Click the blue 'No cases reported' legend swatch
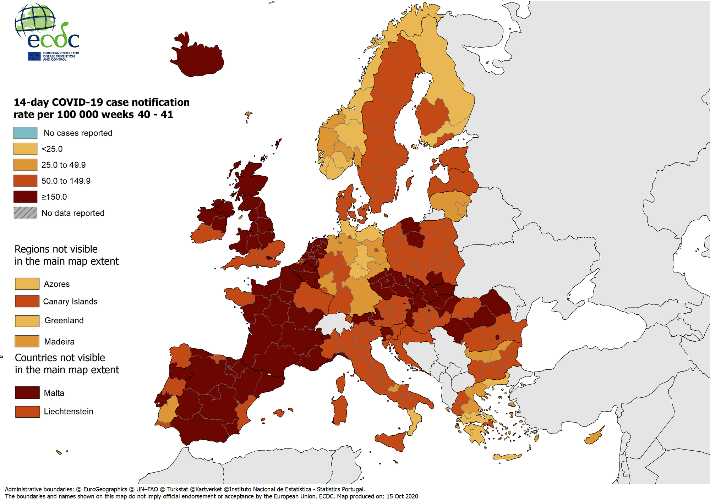[x=25, y=133]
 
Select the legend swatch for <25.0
[x=25, y=149]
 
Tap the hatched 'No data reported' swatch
[x=25, y=213]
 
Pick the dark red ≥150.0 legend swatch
[x=25, y=197]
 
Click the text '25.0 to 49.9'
[x=64, y=165]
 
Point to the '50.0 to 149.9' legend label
[x=66, y=181]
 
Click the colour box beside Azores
[x=27, y=284]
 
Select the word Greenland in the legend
[x=64, y=320]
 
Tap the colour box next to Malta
[x=27, y=393]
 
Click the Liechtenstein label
[x=69, y=412]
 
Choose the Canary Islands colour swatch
[x=27, y=301]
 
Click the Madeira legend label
[x=59, y=342]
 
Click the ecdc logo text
[x=53, y=40]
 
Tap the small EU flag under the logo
[x=34, y=56]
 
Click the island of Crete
[x=507, y=457]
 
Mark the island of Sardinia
[x=340, y=410]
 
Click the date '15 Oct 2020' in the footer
[x=402, y=496]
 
